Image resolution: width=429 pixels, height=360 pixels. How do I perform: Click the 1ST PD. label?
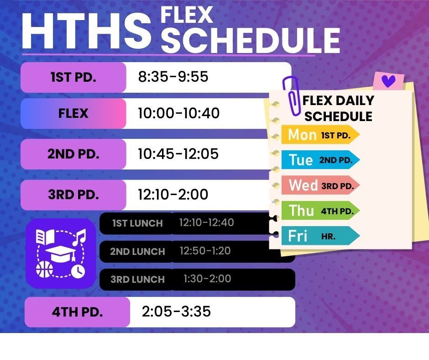[x=73, y=77]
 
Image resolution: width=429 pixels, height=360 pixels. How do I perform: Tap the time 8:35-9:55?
[x=173, y=77]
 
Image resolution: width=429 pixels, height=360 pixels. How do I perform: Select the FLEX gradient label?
[x=73, y=113]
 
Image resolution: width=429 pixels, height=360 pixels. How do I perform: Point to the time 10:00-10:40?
[x=178, y=113]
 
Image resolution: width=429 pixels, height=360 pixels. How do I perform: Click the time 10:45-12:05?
[x=178, y=154]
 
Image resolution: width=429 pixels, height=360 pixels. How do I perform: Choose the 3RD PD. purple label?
[x=73, y=195]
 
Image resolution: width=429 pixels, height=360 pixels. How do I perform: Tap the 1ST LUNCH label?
[x=137, y=223]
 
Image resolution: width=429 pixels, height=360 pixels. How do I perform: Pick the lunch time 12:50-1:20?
[x=205, y=251]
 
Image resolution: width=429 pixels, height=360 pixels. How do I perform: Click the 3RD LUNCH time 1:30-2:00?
[x=207, y=279]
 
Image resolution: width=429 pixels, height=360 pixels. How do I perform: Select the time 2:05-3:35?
[x=176, y=312]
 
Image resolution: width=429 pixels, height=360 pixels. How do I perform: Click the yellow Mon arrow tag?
[x=320, y=135]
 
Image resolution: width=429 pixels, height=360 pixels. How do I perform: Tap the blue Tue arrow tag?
[x=320, y=160]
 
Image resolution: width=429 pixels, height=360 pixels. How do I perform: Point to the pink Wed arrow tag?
[x=320, y=185]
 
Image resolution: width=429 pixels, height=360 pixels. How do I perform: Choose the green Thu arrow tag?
[x=320, y=211]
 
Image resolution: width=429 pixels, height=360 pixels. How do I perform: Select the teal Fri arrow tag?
[x=320, y=236]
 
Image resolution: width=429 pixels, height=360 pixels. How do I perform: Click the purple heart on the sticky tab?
[x=388, y=81]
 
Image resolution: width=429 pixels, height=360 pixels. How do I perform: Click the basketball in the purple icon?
[x=45, y=270]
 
